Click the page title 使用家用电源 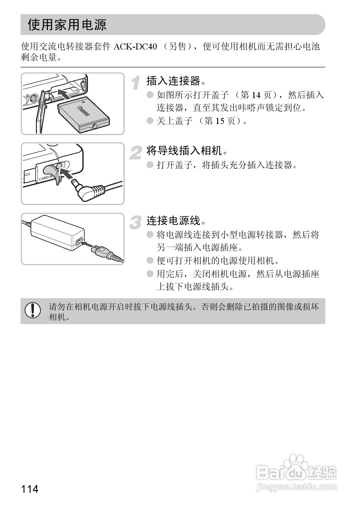tap(67, 25)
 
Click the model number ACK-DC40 tap(135, 47)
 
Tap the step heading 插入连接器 tap(173, 81)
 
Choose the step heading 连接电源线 tap(173, 221)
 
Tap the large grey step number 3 tap(136, 223)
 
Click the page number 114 tap(30, 489)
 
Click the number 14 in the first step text tap(256, 95)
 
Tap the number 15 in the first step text tap(220, 121)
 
